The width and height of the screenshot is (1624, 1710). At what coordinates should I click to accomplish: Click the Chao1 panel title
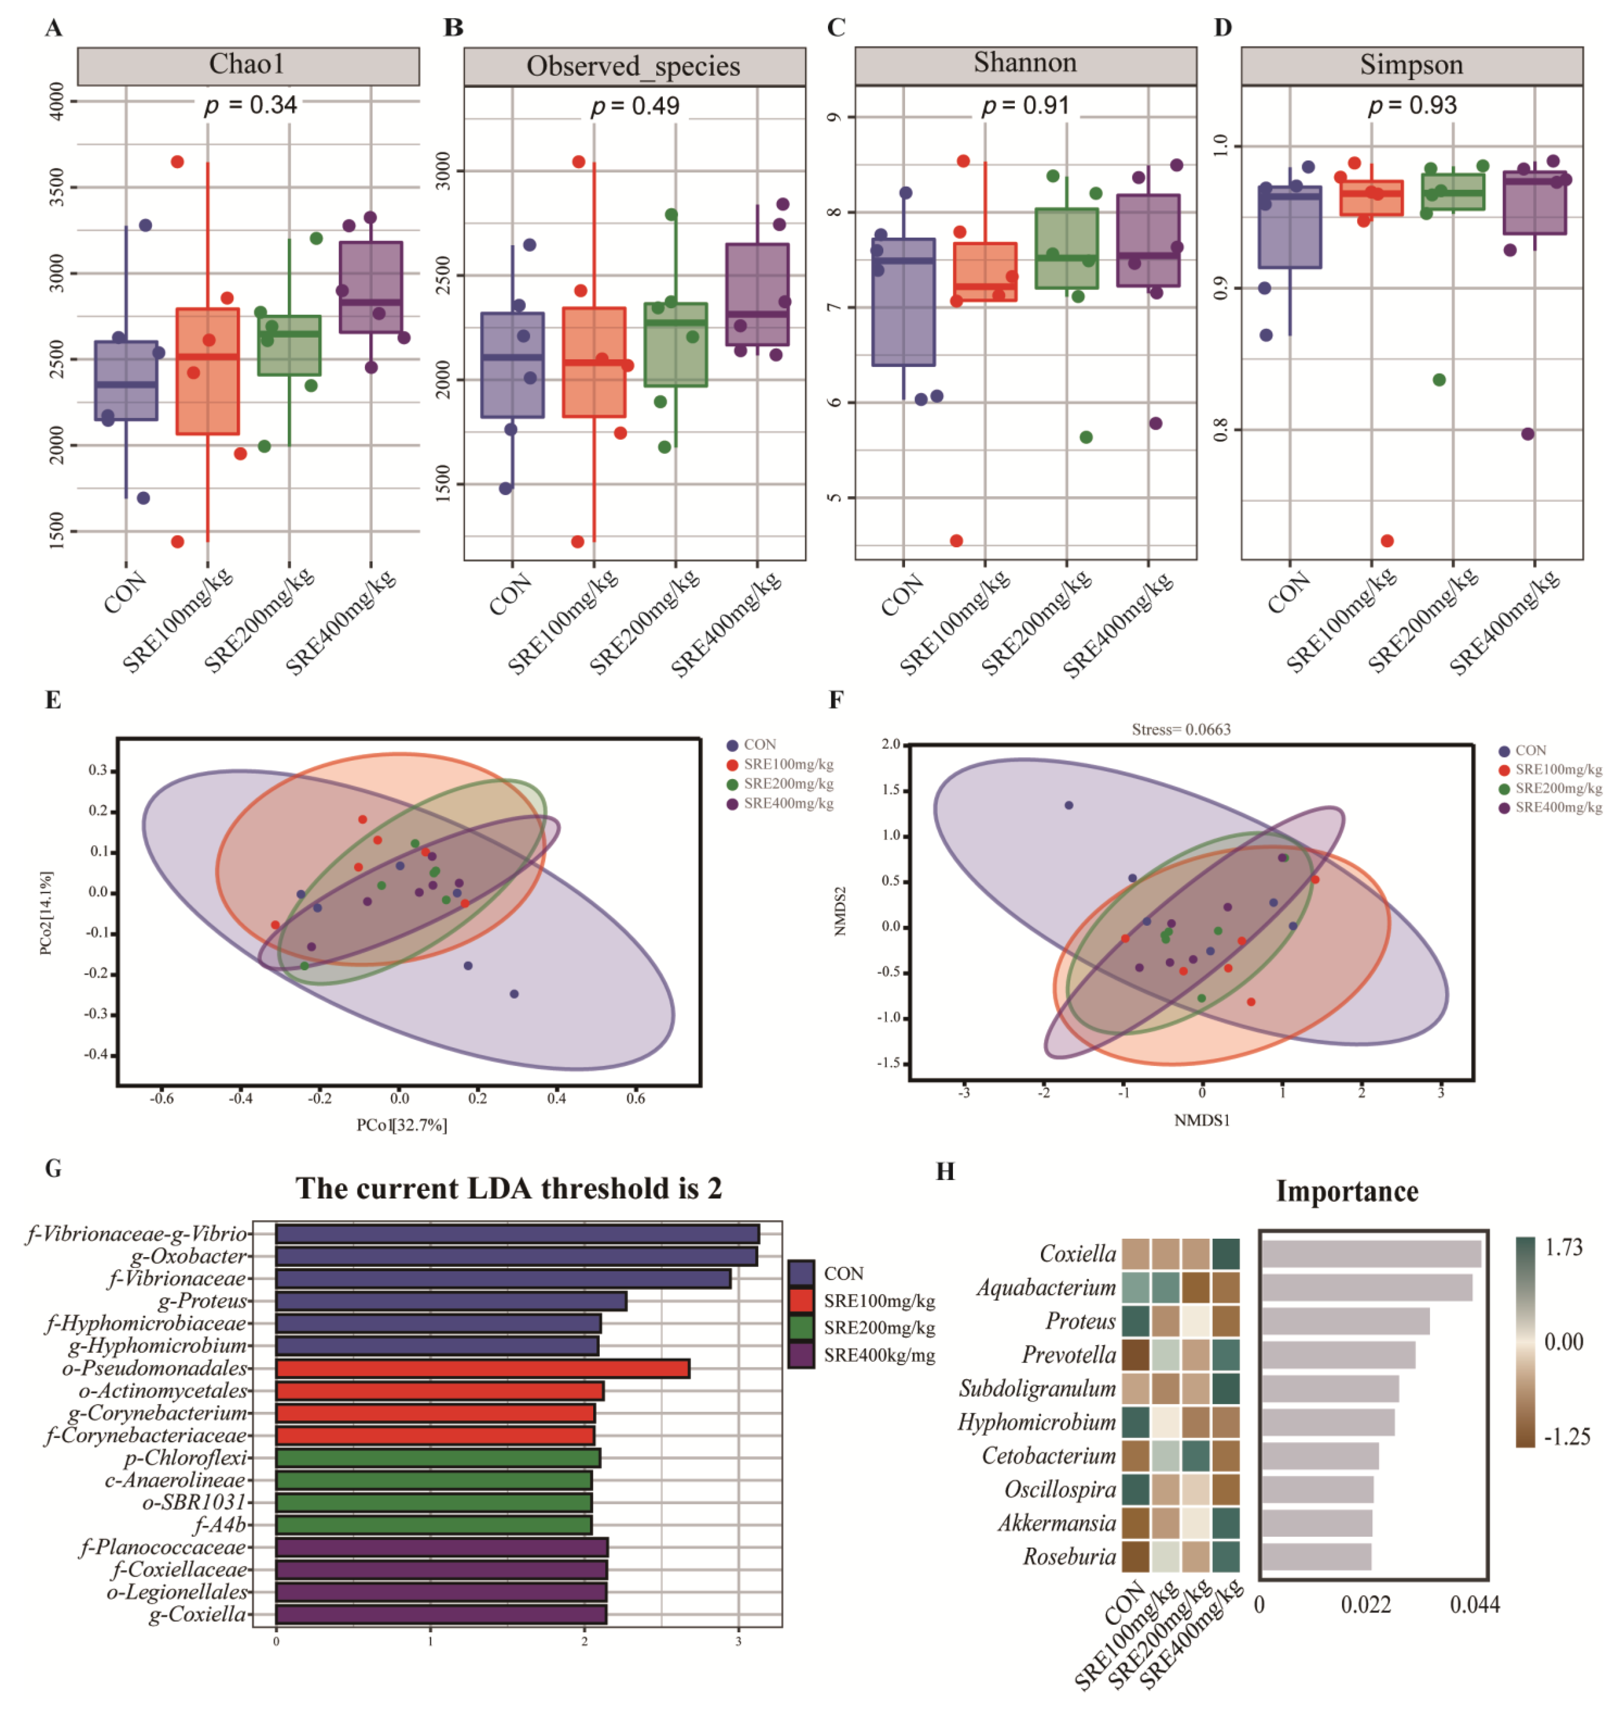[x=248, y=65]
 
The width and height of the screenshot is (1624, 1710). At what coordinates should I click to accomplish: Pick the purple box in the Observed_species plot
[x=757, y=294]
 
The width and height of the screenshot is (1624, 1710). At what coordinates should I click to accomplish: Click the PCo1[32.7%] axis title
[x=402, y=1125]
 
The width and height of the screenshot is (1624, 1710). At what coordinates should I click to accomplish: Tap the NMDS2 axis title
[x=840, y=911]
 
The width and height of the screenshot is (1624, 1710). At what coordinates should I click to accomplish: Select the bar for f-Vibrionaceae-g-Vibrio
[x=517, y=1234]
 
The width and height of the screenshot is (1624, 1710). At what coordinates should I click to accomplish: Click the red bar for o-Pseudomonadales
[x=482, y=1368]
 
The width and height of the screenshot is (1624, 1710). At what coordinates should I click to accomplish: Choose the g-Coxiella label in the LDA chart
[x=198, y=1614]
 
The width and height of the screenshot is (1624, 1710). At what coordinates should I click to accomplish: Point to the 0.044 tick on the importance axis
[x=1474, y=1605]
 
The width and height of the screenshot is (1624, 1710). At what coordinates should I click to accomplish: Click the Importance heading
[x=1347, y=1192]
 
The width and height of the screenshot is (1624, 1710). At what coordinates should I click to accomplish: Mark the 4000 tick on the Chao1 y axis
[x=57, y=101]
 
